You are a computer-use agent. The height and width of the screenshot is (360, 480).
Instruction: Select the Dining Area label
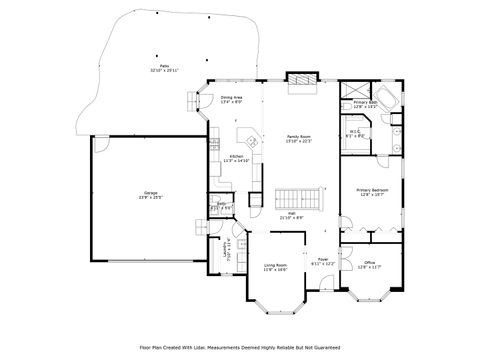[232, 98]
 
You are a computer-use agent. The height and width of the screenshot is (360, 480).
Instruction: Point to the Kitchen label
[236, 156]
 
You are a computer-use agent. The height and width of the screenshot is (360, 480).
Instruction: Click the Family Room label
[299, 136]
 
